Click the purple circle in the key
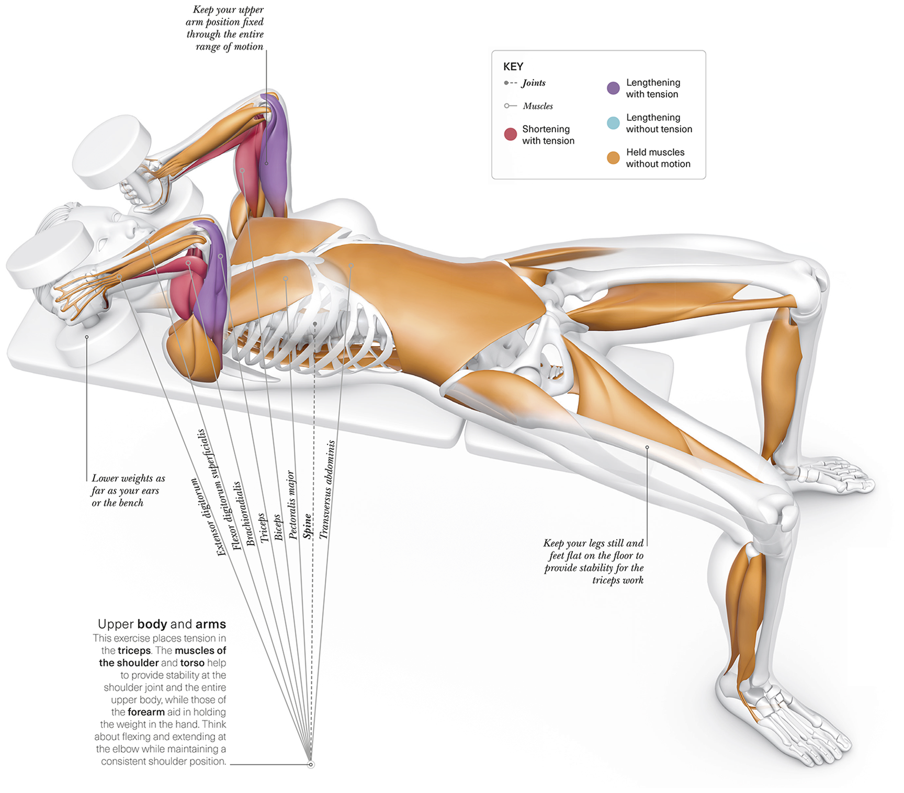(x=613, y=88)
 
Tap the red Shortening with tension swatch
(x=511, y=134)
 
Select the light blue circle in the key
(x=613, y=123)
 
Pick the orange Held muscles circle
(x=613, y=158)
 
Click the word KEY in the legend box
(x=513, y=66)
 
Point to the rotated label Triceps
(x=264, y=527)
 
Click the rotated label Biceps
(x=278, y=527)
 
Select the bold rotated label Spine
(x=308, y=526)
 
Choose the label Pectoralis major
(x=292, y=505)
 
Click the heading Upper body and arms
(x=162, y=624)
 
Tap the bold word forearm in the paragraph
(x=146, y=712)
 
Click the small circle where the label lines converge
(x=311, y=765)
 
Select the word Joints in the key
(x=534, y=83)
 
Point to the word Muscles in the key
(x=538, y=106)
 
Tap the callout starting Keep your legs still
(x=594, y=561)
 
